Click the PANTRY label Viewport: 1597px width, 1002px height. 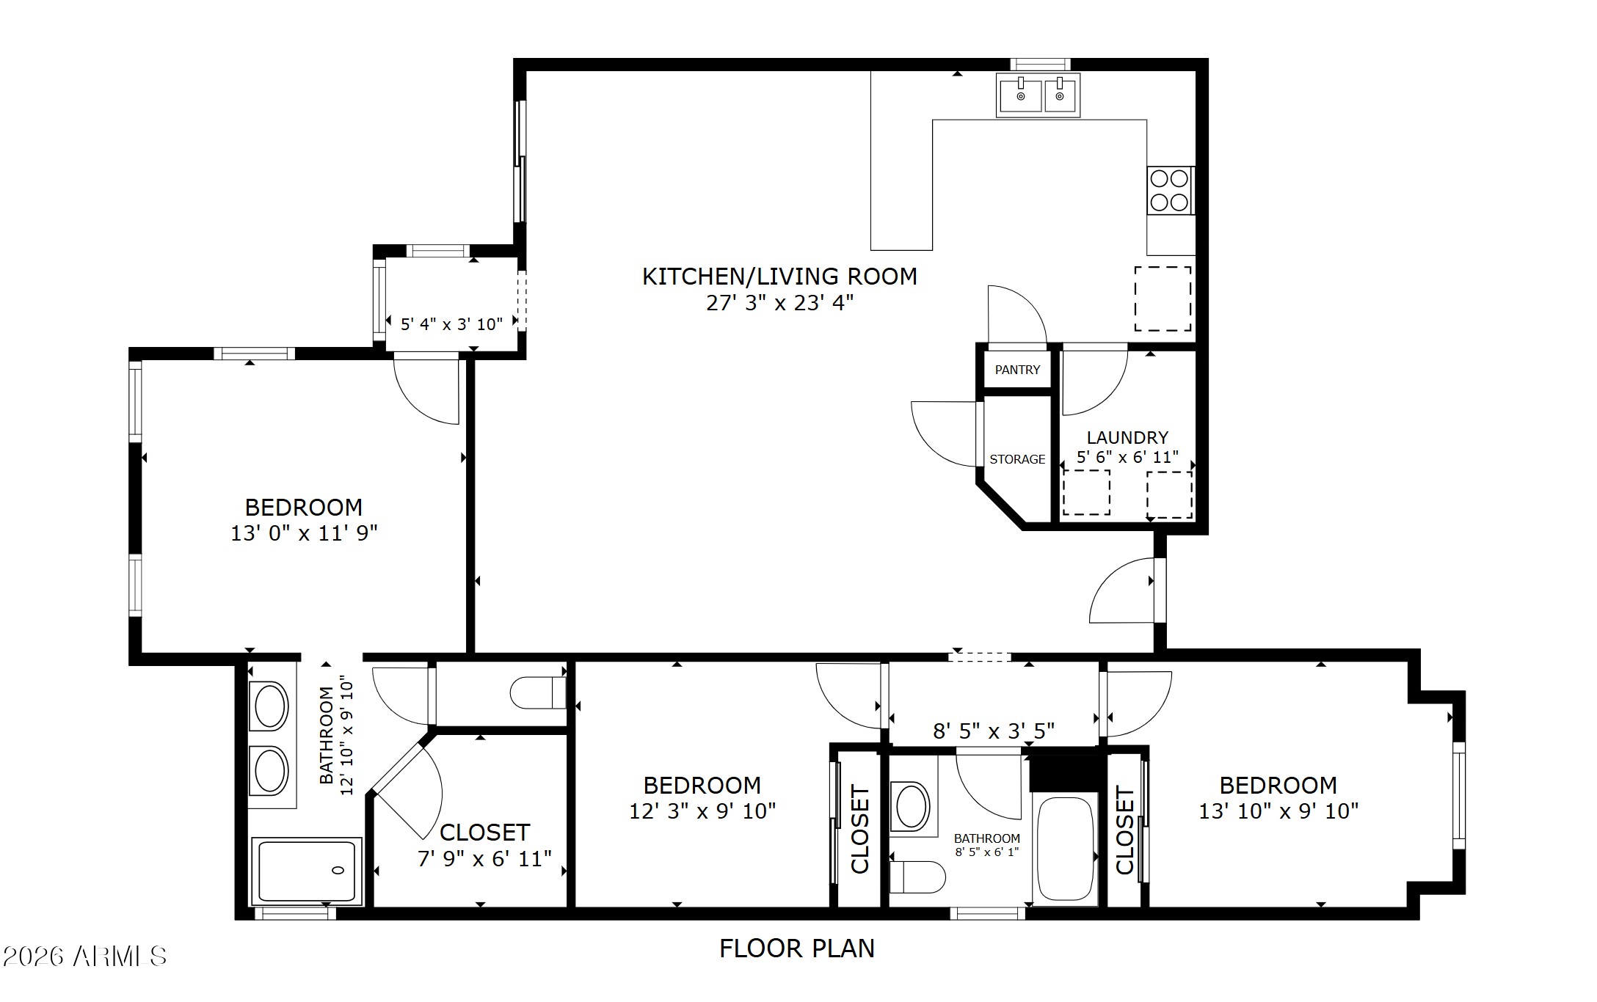point(1017,370)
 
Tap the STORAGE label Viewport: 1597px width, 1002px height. point(1017,459)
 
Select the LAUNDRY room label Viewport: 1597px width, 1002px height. point(1127,437)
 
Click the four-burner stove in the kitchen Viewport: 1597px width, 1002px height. point(1170,191)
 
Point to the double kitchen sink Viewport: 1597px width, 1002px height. point(1038,95)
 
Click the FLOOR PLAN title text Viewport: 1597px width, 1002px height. point(797,948)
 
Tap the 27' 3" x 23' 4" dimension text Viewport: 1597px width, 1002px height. point(780,302)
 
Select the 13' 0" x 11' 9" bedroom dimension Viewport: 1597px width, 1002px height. point(304,533)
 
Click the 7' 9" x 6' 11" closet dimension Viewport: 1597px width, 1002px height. point(484,858)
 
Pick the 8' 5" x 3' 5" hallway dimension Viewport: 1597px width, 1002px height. point(994,731)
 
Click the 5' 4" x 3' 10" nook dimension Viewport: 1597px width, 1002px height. point(451,323)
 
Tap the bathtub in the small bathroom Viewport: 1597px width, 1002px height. point(1065,849)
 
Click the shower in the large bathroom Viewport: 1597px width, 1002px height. point(306,871)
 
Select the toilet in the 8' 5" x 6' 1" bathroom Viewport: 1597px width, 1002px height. point(917,877)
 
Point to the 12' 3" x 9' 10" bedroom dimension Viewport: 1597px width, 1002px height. point(702,811)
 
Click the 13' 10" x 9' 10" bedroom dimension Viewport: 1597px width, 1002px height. point(1278,811)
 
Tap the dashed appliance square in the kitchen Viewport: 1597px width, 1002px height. point(1163,299)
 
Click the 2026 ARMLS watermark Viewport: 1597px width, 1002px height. point(84,956)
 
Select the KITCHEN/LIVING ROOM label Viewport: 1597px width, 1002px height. point(779,276)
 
